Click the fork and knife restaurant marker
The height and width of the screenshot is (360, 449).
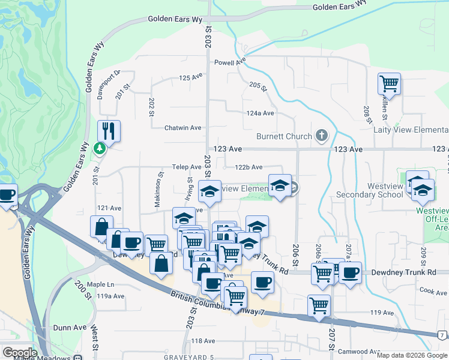(x=109, y=130)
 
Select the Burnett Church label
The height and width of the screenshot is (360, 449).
(x=284, y=136)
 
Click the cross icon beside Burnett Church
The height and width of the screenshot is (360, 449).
(x=322, y=136)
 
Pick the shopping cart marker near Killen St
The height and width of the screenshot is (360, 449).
(x=389, y=84)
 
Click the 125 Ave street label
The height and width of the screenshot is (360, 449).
(x=191, y=78)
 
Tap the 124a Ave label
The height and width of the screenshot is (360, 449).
(x=260, y=113)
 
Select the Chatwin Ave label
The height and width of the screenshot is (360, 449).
(x=183, y=128)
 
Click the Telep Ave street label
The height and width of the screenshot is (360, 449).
(x=187, y=167)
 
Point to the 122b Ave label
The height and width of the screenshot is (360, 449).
(x=249, y=167)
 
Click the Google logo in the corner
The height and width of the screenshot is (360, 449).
(x=19, y=353)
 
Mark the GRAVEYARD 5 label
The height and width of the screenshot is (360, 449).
(x=188, y=358)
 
